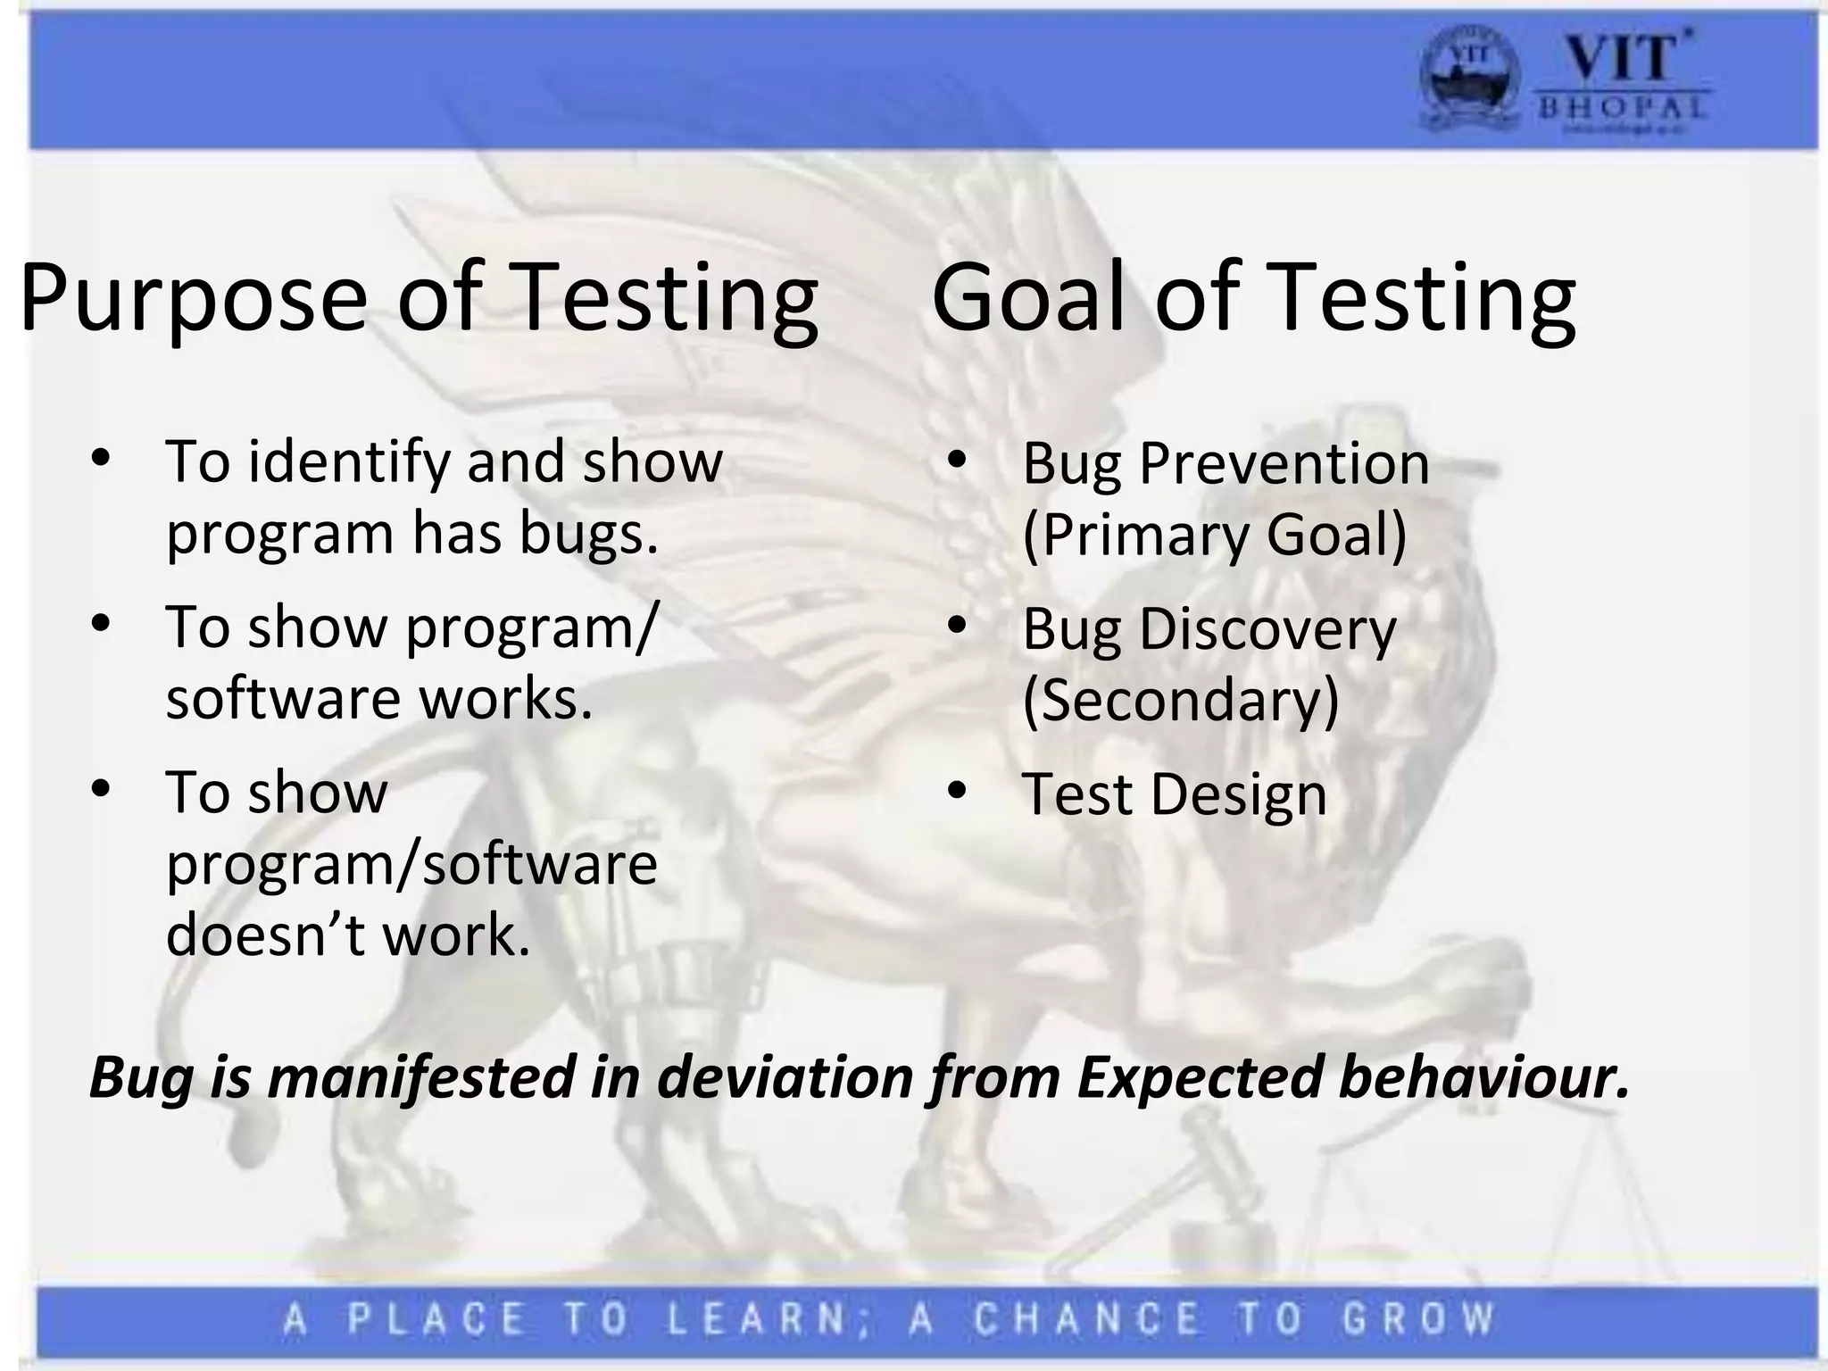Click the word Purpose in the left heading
[x=193, y=299]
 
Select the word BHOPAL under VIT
[x=1622, y=109]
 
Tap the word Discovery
[x=1267, y=629]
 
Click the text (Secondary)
[x=1180, y=701]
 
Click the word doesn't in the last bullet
[x=264, y=935]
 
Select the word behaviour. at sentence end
[x=1483, y=1077]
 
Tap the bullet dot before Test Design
[x=957, y=791]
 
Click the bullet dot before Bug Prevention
[x=957, y=461]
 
